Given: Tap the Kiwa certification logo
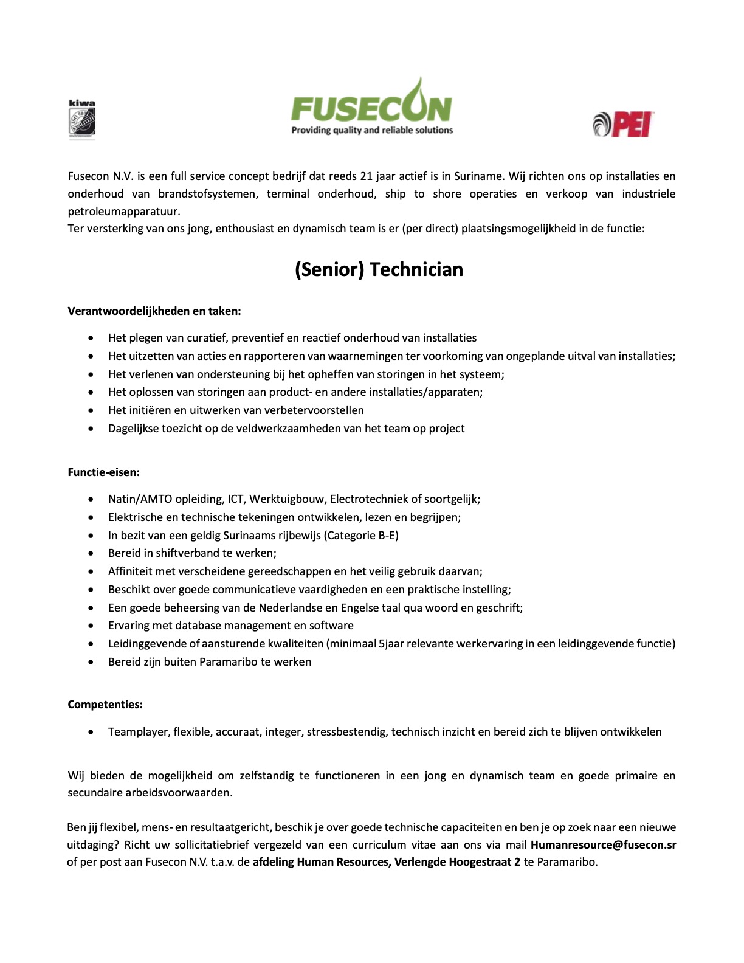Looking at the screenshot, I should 81,120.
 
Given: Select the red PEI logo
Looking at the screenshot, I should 623,124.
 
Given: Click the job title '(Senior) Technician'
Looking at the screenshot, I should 379,269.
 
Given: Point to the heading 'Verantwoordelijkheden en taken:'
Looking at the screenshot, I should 154,311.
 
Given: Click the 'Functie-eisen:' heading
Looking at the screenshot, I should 104,472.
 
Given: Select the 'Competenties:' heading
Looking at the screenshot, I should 105,705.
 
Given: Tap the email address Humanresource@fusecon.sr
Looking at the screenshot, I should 603,844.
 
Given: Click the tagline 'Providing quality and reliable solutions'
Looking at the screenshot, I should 372,130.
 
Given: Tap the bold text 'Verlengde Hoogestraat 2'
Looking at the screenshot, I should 457,862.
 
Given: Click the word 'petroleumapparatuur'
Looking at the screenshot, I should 124,212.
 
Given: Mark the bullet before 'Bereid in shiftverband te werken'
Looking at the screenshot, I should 91,553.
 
